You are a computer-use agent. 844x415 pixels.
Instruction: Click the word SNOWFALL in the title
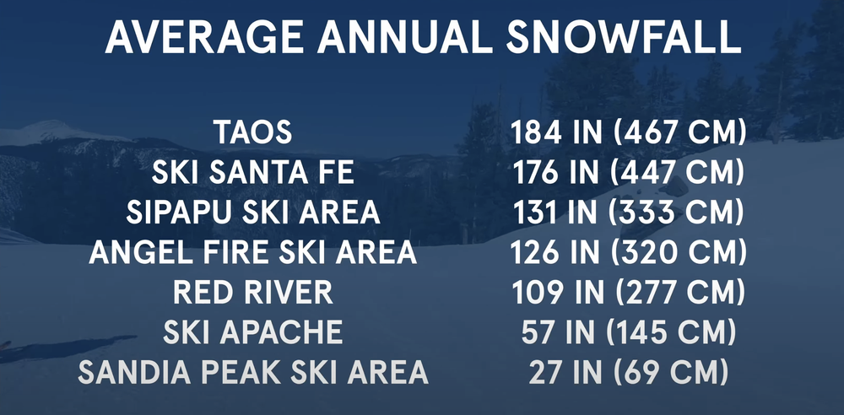[623, 38]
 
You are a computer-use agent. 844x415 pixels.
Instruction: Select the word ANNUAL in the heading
[405, 38]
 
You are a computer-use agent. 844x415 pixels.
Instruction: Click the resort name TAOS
[252, 132]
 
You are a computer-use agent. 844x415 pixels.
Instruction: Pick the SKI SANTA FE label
[253, 172]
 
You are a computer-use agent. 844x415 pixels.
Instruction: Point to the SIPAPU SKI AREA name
[253, 212]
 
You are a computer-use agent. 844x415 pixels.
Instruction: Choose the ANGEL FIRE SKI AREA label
[253, 252]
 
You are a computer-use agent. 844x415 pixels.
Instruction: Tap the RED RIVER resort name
[252, 293]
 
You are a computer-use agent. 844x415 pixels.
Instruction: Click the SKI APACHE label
[253, 332]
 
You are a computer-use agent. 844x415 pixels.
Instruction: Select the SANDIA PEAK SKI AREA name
[253, 372]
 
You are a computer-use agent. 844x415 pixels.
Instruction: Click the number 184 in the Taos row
[536, 132]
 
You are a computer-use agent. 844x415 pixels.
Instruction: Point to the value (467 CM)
[679, 132]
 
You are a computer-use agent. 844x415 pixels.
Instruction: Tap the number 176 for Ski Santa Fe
[538, 172]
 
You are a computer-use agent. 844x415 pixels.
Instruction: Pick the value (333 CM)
[676, 212]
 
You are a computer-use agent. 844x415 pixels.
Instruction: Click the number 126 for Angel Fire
[537, 252]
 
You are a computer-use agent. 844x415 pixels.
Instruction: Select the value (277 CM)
[679, 293]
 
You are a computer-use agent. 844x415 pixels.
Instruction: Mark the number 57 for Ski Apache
[538, 332]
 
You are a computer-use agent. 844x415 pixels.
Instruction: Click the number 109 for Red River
[538, 293]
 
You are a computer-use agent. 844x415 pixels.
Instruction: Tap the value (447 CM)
[678, 172]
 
